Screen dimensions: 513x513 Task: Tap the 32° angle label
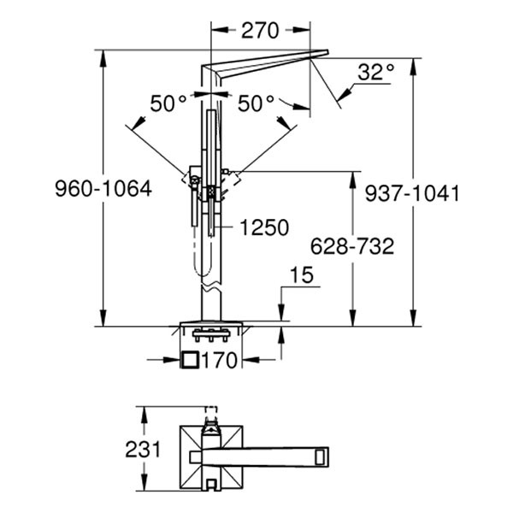[x=375, y=73]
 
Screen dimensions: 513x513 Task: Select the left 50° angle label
[x=168, y=103]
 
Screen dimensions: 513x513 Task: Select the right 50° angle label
[x=256, y=103]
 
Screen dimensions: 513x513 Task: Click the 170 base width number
[x=219, y=362]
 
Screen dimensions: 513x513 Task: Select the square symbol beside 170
[x=191, y=361]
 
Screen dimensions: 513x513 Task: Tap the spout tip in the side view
[x=321, y=55]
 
